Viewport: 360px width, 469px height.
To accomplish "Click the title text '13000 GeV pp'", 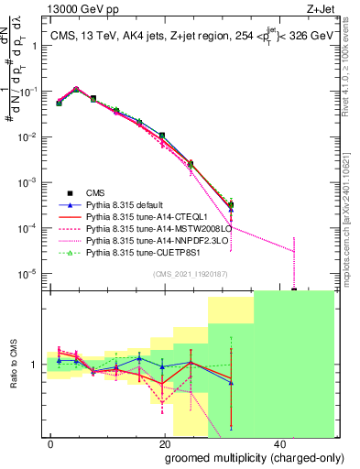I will [x=75, y=7].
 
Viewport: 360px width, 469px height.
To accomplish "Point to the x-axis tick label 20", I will [x=164, y=442].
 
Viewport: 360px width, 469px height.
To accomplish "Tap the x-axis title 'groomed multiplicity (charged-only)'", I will [x=241, y=457].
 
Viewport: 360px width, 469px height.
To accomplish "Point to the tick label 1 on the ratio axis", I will [x=36, y=365].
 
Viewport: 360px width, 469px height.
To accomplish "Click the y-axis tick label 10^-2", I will [x=29, y=137].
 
